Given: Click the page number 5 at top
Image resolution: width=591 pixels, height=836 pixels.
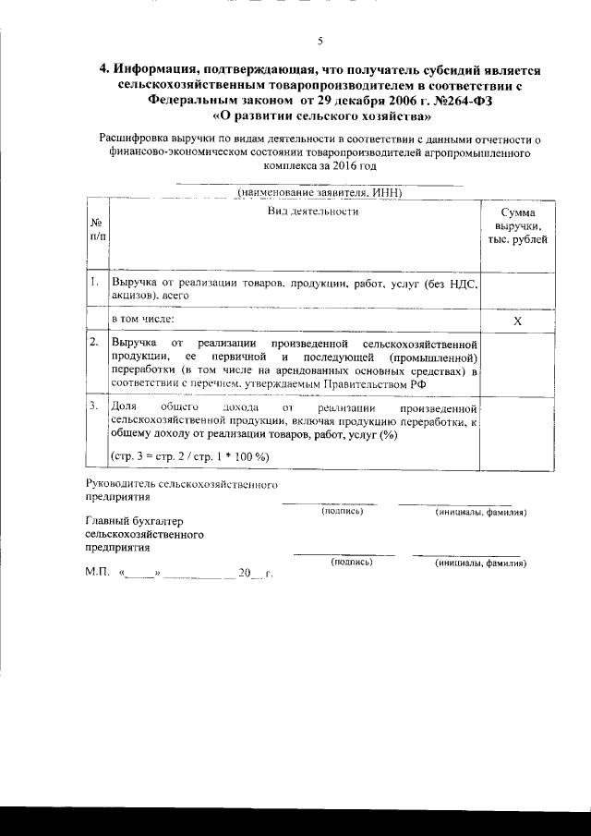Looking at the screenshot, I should point(320,41).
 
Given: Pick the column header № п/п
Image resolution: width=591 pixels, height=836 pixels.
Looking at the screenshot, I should point(96,231).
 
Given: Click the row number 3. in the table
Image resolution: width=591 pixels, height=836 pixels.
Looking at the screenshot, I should point(94,406).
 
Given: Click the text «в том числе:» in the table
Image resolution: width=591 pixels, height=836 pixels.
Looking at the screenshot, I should point(142,319).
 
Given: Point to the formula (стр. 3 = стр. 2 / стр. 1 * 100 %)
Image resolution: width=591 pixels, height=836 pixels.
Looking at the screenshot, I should point(189,456).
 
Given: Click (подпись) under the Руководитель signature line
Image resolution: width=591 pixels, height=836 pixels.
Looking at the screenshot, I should point(343,511).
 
